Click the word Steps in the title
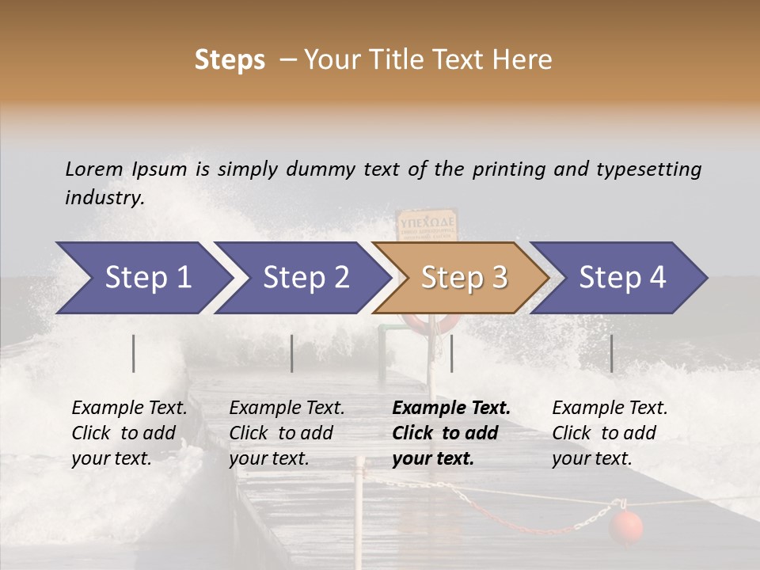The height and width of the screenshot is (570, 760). tap(230, 60)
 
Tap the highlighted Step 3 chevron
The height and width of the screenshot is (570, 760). tap(462, 278)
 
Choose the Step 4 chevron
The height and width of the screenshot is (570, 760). tap(620, 278)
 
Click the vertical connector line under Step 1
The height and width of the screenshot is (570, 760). tap(134, 353)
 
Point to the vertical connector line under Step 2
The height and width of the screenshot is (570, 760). tap(292, 353)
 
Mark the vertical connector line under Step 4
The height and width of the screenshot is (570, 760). tap(612, 353)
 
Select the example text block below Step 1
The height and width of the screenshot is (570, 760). tap(129, 433)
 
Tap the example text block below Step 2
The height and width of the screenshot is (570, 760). tap(287, 433)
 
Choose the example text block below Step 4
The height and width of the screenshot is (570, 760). tap(610, 433)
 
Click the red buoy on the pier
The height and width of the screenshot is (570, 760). tap(625, 526)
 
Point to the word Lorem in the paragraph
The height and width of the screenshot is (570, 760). tap(94, 169)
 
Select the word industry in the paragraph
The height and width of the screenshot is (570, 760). tap(104, 198)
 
